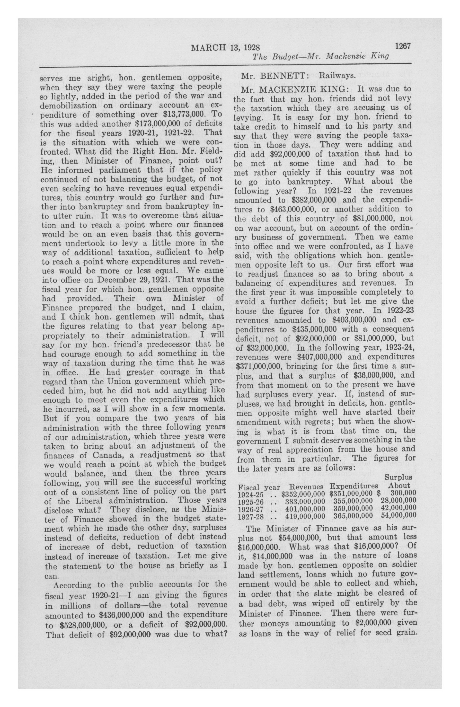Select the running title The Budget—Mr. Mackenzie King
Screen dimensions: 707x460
click(320, 56)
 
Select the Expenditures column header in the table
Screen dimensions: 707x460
click(353, 486)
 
